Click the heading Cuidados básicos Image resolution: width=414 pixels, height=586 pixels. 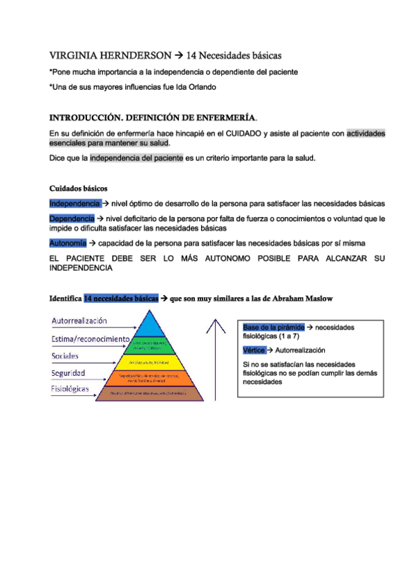tap(78, 188)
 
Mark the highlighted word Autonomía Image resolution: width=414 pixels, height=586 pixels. tap(68, 243)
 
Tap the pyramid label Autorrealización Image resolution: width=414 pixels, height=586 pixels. tap(79, 321)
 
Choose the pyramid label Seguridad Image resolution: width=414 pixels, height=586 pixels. tap(68, 372)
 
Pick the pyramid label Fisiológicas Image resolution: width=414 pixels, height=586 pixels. tap(70, 389)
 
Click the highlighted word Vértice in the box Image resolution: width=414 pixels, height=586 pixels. tap(254, 350)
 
